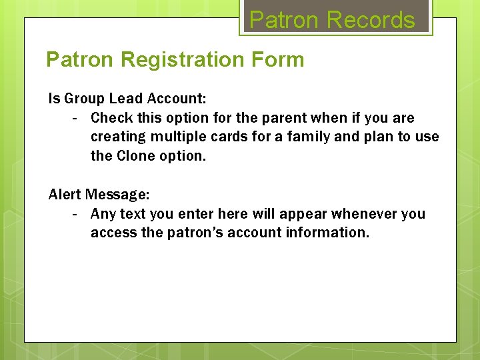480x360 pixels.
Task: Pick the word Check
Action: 111,118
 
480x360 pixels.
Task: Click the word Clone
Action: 136,155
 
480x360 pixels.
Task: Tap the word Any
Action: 103,214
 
